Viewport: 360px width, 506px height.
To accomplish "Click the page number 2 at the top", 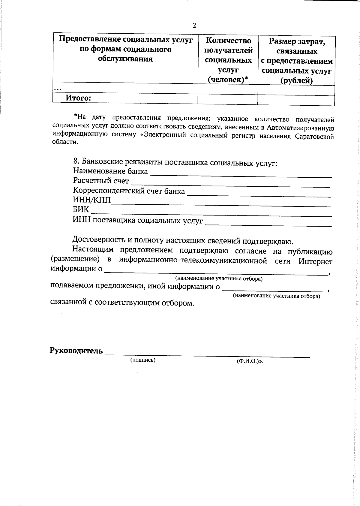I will pos(194,26).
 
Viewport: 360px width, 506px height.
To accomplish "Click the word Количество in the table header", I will pos(229,41).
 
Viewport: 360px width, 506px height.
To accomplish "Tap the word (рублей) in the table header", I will pos(296,81).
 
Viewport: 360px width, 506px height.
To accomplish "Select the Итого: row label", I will pos(78,98).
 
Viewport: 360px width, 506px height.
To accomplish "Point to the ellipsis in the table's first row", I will pos(58,89).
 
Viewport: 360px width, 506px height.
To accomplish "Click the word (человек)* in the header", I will pos(228,80).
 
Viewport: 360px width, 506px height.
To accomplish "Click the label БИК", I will pos(81,209).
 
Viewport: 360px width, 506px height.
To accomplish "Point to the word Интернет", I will pos(315,261).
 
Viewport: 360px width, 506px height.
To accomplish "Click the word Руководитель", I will pos(76,351).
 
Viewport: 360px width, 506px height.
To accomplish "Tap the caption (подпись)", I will pos(142,360).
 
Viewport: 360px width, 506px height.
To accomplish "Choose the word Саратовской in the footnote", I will pos(314,137).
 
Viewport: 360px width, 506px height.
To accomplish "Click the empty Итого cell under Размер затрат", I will pos(296,100).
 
